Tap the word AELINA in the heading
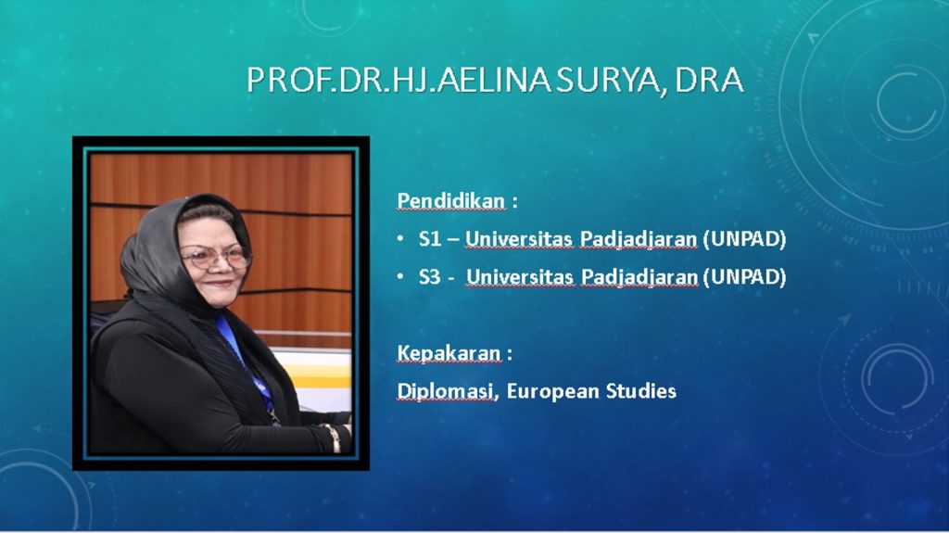pyautogui.click(x=495, y=80)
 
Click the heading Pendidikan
pyautogui.click(x=451, y=200)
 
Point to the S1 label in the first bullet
pyautogui.click(x=430, y=238)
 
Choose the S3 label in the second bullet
pyautogui.click(x=430, y=277)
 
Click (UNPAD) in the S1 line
pyautogui.click(x=745, y=238)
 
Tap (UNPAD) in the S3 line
pyautogui.click(x=745, y=277)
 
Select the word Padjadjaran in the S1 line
pyautogui.click(x=639, y=239)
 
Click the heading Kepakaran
pyautogui.click(x=449, y=353)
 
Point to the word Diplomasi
pyautogui.click(x=445, y=391)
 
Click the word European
pyautogui.click(x=552, y=391)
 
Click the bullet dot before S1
pyautogui.click(x=400, y=238)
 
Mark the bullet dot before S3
pyautogui.click(x=400, y=276)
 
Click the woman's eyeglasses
pyautogui.click(x=216, y=257)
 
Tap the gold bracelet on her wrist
pyautogui.click(x=332, y=438)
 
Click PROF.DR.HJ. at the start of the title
pyautogui.click(x=341, y=80)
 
